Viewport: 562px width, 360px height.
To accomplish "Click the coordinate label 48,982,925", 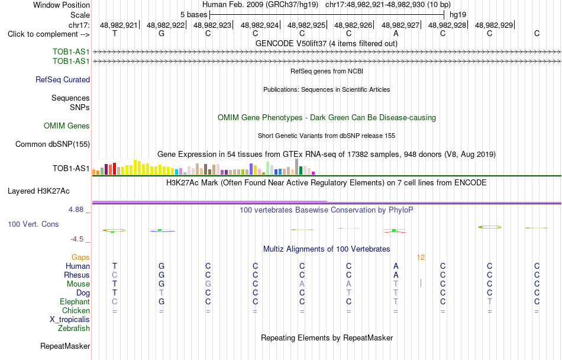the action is (306, 25).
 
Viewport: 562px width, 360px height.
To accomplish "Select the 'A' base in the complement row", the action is (396, 34).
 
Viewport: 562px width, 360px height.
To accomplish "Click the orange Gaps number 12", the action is (421, 258).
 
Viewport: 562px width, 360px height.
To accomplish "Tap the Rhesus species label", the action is (77, 275).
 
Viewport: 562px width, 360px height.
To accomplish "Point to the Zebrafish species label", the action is (74, 328).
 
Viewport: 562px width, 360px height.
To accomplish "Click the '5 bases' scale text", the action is (193, 15).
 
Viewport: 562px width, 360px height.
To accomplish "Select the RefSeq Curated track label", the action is (63, 79).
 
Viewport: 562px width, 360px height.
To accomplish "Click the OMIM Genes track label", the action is (67, 126).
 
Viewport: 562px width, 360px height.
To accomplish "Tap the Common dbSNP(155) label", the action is (53, 144).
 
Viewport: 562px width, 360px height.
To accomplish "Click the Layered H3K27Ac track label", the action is (38, 191).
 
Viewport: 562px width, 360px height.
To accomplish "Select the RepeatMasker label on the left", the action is (65, 346).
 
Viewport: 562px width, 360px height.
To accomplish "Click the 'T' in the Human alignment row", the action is (115, 266).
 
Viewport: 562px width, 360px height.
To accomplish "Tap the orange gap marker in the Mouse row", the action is (421, 283).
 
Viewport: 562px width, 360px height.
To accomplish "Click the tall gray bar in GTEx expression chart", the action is (297, 167).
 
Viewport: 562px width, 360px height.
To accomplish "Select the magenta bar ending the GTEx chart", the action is (314, 173).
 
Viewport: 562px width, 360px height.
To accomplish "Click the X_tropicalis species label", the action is (70, 320).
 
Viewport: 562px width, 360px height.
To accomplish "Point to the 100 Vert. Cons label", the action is (33, 224).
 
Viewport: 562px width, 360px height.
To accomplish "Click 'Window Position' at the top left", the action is (62, 5).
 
